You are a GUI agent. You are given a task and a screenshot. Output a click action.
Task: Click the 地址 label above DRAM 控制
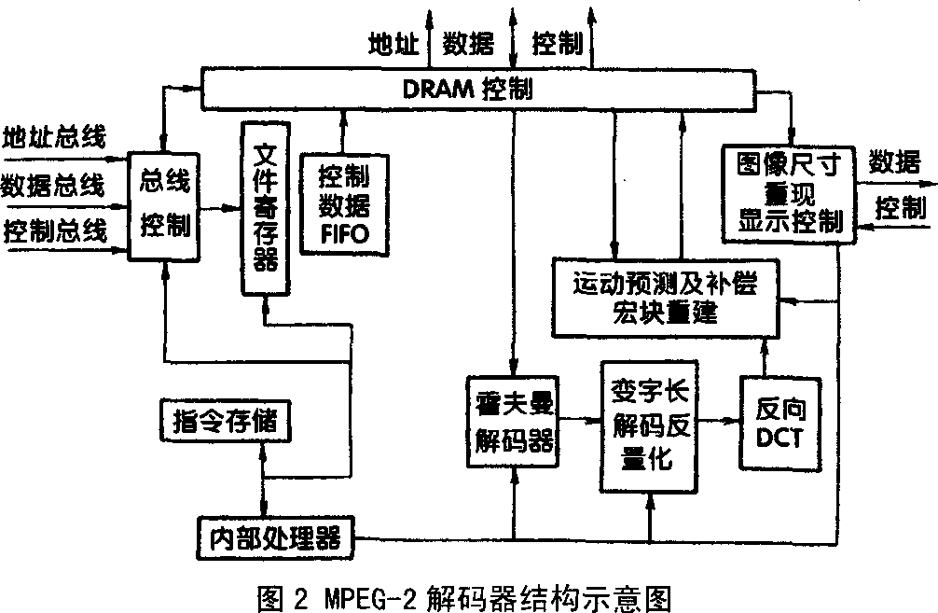394,43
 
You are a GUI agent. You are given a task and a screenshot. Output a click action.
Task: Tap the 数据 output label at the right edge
896,162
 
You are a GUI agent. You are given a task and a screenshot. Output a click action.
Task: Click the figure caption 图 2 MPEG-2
463,593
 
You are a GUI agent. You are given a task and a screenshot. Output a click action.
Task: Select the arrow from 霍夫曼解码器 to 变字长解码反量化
577,421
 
